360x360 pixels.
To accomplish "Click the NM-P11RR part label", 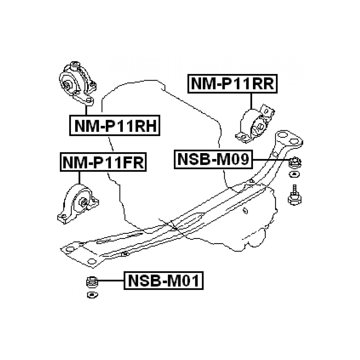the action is tap(233, 83).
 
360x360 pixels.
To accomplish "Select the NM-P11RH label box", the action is tap(114, 126).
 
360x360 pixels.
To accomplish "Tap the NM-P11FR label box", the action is tap(103, 162).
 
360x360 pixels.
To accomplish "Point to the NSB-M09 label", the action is tap(213, 159).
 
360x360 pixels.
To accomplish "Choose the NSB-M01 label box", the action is tap(163, 281).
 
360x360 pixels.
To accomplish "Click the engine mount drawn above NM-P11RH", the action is tap(78, 83).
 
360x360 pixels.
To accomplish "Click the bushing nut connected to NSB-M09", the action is tap(295, 163).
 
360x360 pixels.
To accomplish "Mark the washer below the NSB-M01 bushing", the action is tap(92, 295).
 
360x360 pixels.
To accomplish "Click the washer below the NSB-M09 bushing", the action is tap(294, 174).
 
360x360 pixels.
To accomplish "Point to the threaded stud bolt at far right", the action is tap(295, 196).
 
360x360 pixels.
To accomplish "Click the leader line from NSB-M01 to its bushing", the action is tap(111, 281).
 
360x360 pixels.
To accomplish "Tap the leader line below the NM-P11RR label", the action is tap(251, 101).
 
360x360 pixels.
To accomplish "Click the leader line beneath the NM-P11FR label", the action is tap(79, 178).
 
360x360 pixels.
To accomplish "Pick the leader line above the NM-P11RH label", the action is tap(86, 110).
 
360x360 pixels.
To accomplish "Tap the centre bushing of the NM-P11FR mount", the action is tap(83, 203).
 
